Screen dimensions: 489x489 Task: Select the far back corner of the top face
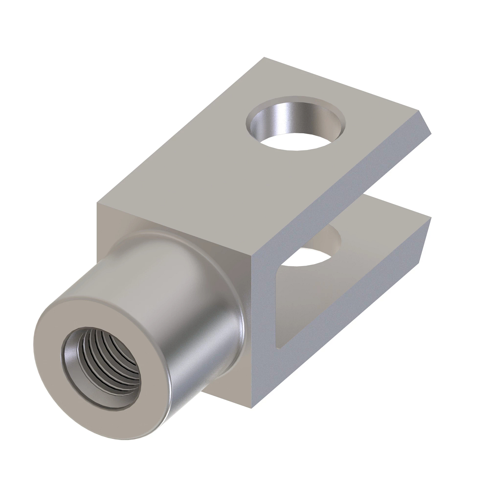tap(265, 59)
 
